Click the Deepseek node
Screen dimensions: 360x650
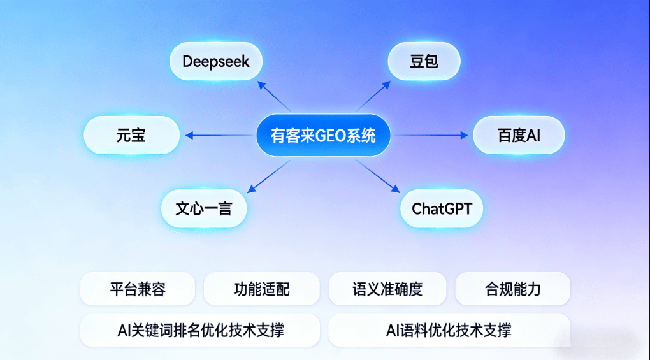[216, 62]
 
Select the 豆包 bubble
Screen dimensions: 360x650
[424, 62]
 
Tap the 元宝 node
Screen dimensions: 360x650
[131, 135]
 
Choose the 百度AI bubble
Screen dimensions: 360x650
[518, 135]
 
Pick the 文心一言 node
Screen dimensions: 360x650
[203, 208]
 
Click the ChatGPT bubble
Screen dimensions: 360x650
[442, 208]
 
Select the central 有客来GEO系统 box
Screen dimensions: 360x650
[323, 136]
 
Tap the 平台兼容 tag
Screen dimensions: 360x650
[138, 289]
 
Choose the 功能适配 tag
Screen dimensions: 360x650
[261, 289]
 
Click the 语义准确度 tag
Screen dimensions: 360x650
[387, 289]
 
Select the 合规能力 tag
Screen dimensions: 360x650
[512, 289]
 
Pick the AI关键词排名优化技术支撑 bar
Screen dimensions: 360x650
[200, 330]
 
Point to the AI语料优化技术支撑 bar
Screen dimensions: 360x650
[449, 330]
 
